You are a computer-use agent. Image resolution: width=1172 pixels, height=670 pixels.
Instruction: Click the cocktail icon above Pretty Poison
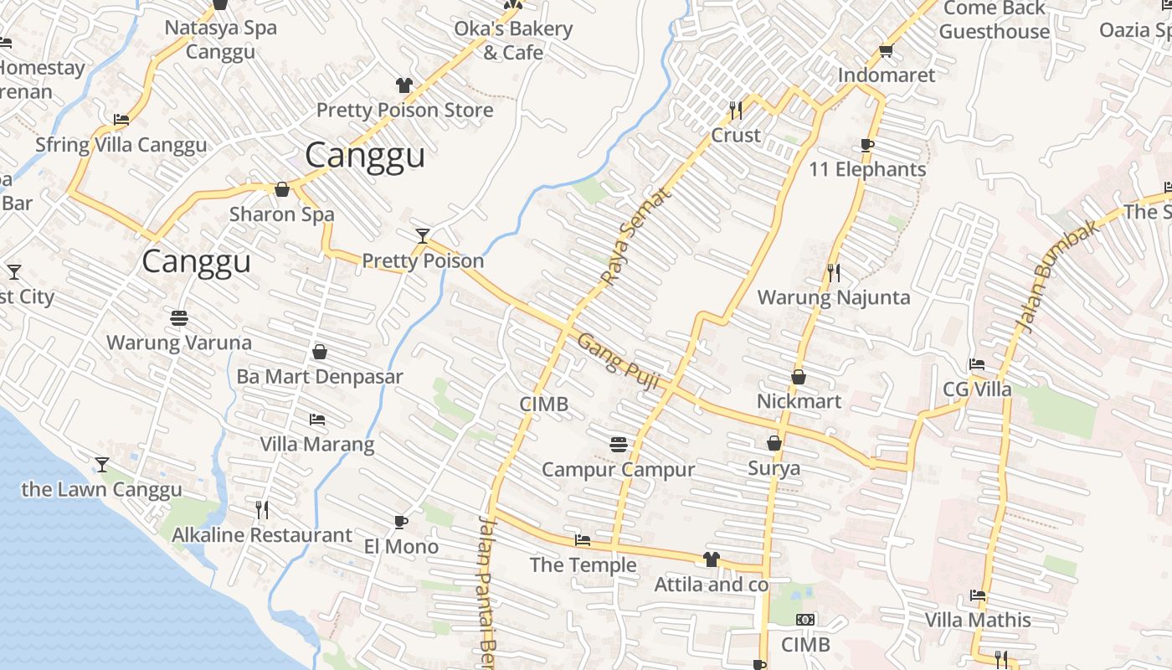[x=423, y=235]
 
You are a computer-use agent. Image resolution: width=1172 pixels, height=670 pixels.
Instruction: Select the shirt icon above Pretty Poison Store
[x=404, y=85]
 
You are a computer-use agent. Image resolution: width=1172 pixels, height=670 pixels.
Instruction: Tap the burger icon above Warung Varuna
[x=179, y=318]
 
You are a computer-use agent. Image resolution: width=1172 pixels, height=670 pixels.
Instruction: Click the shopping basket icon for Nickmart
[x=799, y=378]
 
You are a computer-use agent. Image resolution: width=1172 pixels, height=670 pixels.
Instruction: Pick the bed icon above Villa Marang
[x=317, y=419]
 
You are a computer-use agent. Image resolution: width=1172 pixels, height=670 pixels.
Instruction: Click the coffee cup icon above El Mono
[x=401, y=523]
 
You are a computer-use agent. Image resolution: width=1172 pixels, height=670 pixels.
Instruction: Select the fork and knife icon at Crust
[x=736, y=110]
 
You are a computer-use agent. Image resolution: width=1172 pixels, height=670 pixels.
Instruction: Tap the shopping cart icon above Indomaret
[x=887, y=51]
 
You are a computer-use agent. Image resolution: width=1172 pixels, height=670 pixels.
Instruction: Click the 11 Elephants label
[x=867, y=169]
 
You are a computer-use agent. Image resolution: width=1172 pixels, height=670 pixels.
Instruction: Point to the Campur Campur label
[x=618, y=470]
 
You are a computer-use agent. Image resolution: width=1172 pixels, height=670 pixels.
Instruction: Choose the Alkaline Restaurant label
[x=262, y=535]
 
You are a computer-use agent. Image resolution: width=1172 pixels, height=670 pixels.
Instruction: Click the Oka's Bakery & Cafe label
[x=513, y=40]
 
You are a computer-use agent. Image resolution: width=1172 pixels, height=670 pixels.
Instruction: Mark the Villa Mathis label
[x=978, y=621]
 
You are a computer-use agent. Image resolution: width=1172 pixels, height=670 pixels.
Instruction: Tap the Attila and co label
[x=712, y=585]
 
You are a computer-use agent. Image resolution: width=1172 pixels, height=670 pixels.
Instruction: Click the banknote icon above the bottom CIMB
[x=805, y=620]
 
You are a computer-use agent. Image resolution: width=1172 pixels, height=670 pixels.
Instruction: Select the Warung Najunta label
[x=834, y=297]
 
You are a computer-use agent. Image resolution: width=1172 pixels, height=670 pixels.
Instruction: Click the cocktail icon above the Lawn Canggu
[x=102, y=464]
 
